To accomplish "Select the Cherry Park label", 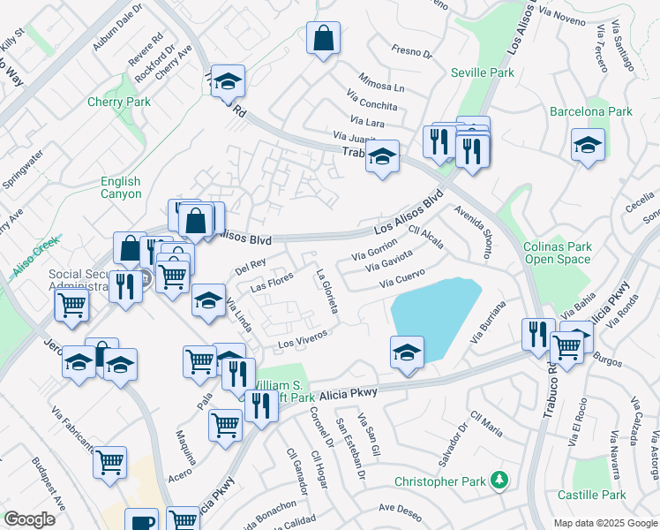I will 119,102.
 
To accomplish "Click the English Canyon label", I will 121,187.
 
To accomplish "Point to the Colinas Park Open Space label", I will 558,254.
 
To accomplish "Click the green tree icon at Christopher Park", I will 500,481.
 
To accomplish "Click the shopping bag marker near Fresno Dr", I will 323,39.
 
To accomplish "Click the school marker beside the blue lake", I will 408,352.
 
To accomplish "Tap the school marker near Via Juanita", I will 382,157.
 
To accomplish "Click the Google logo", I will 29,519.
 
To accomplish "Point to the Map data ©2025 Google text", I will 605,523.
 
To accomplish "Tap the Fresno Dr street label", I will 412,53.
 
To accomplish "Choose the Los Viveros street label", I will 304,337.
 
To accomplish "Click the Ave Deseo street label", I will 401,508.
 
